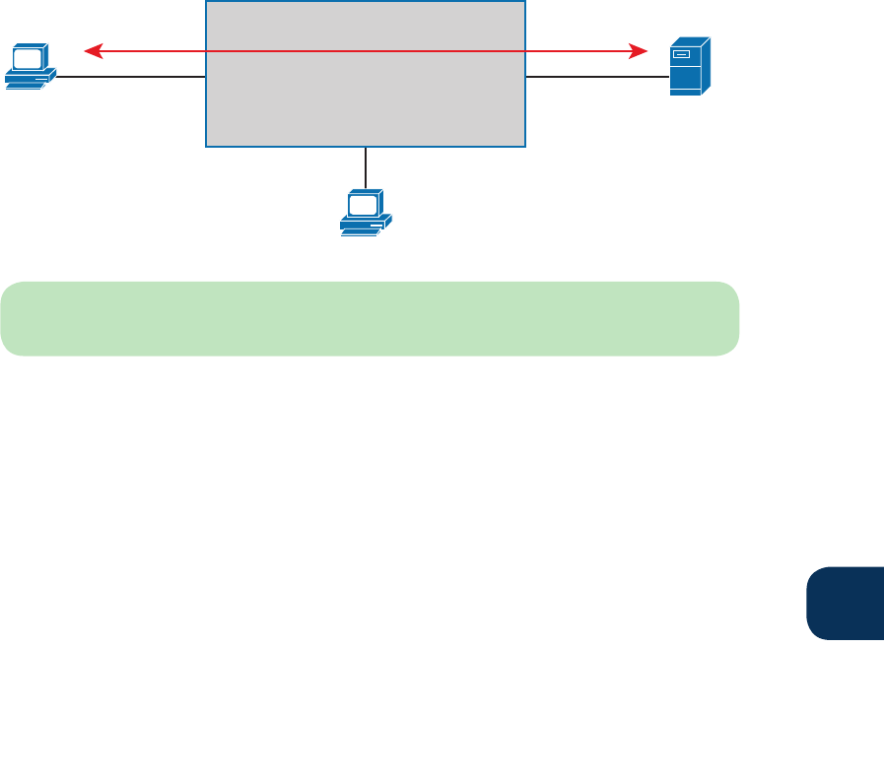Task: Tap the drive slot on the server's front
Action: [681, 55]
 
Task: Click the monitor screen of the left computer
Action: [27, 58]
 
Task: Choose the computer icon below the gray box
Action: [365, 212]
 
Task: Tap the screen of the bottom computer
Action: [362, 204]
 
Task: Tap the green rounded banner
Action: [370, 318]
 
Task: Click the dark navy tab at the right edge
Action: [846, 603]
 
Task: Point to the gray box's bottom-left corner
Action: [206, 147]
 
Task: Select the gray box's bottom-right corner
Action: [525, 147]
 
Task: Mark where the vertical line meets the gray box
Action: [366, 148]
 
